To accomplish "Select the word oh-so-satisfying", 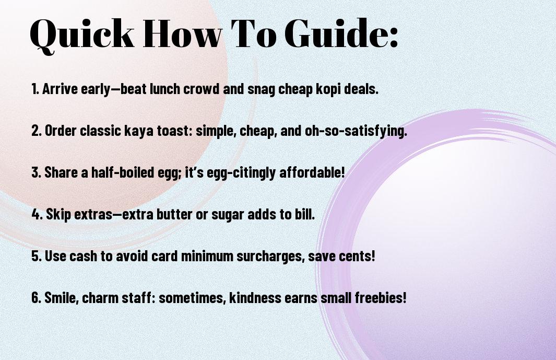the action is click(x=356, y=131).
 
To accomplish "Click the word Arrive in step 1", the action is click(x=60, y=89).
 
